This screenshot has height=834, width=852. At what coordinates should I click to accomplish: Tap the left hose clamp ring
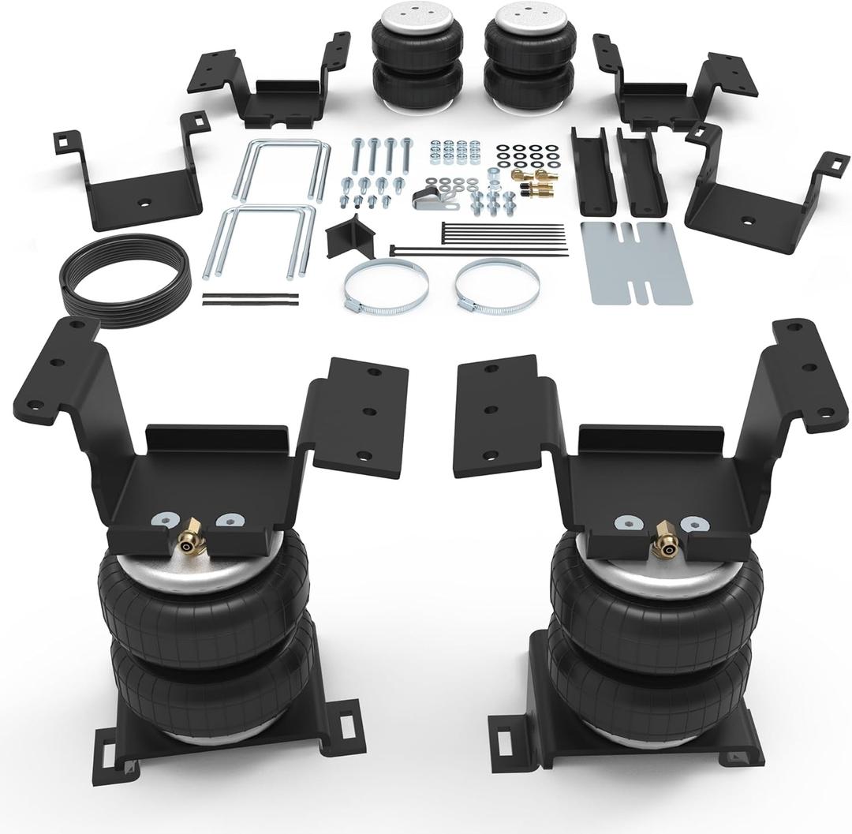[386, 284]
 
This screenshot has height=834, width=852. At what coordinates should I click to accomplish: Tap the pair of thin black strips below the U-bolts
[251, 300]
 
